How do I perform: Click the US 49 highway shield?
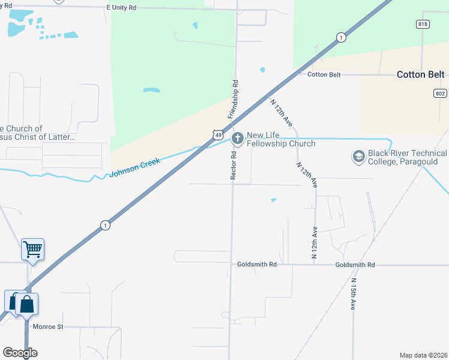pos(217,136)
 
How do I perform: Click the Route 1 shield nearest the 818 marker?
pos(341,37)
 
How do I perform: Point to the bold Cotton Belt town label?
pos(421,75)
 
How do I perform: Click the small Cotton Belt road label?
pos(324,74)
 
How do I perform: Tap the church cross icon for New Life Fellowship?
pos(238,139)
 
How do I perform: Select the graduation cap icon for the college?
pos(358,157)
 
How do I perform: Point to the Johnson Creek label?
pos(135,167)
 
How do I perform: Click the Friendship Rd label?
pos(232,98)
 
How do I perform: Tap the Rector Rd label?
pos(234,166)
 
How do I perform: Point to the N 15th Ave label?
pos(353,294)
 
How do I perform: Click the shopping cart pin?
pos(32,249)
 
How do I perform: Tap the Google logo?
pos(20,353)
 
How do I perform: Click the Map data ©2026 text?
pos(423,355)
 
